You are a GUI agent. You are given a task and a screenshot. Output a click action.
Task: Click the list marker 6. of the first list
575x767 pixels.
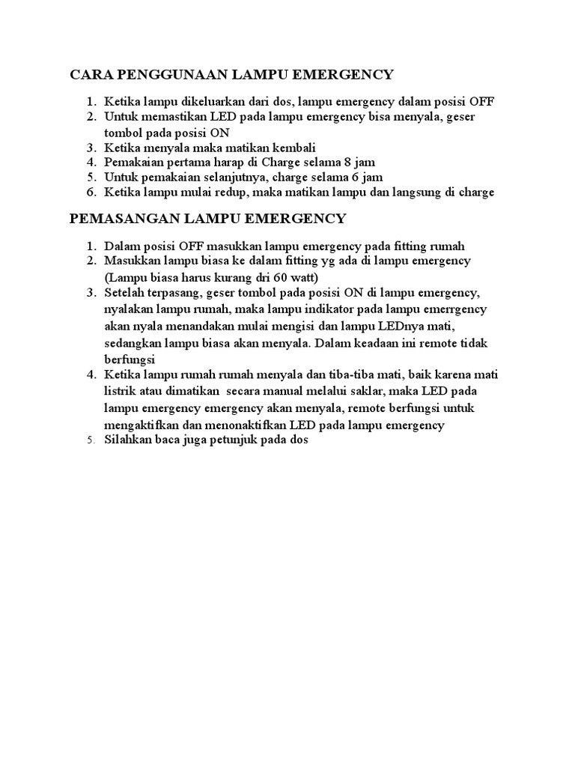pos(90,192)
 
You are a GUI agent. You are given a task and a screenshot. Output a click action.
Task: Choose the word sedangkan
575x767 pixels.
pos(133,343)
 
